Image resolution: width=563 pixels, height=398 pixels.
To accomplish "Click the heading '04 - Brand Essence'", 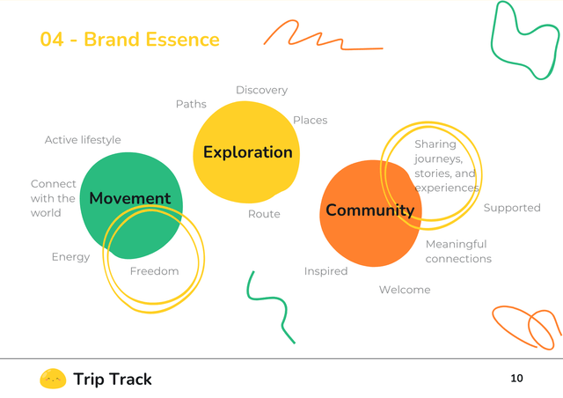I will pyautogui.click(x=129, y=40).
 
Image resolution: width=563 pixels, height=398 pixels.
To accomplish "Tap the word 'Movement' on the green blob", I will pyautogui.click(x=130, y=198).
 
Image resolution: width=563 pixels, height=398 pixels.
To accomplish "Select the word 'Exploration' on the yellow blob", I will pyautogui.click(x=247, y=152).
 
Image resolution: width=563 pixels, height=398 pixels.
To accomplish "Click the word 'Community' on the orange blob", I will pyautogui.click(x=369, y=210).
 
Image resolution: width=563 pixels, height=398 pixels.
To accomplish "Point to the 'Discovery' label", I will pyautogui.click(x=261, y=90).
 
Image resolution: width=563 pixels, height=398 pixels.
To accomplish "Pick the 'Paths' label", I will pyautogui.click(x=191, y=104).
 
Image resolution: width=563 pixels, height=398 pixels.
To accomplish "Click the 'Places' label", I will pyautogui.click(x=310, y=120).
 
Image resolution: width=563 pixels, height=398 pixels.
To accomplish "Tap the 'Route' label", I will pyautogui.click(x=264, y=214).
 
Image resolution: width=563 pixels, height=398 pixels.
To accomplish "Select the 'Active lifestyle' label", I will pyautogui.click(x=83, y=140).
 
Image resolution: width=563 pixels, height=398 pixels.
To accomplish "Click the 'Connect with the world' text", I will pyautogui.click(x=53, y=198).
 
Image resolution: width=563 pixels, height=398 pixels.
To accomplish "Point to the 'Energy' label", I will pyautogui.click(x=70, y=257).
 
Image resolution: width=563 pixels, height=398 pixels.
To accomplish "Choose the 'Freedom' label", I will pyautogui.click(x=154, y=271).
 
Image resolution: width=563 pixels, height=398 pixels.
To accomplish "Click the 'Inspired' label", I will pyautogui.click(x=325, y=271).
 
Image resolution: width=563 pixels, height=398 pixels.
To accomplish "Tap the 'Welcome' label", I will pyautogui.click(x=405, y=290).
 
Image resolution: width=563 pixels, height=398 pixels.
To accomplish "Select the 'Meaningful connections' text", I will pyautogui.click(x=457, y=251).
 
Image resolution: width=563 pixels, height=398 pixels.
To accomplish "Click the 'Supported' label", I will pyautogui.click(x=511, y=208).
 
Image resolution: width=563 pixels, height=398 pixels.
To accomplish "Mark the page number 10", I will pyautogui.click(x=516, y=379).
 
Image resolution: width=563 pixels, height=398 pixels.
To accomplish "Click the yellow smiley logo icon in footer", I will pyautogui.click(x=53, y=379).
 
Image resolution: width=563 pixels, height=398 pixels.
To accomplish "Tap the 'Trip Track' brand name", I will pyautogui.click(x=113, y=380).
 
